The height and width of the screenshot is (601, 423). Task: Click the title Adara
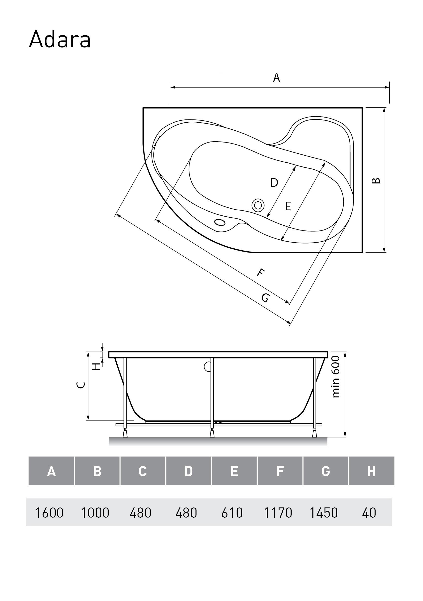60,40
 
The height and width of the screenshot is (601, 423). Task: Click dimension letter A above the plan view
276,78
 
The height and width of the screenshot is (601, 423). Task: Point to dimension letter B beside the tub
376,180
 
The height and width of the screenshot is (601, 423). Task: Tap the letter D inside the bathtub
274,183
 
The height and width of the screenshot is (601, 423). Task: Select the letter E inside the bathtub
288,206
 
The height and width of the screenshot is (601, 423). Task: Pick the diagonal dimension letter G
265,298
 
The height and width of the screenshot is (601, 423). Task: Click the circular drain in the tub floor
258,205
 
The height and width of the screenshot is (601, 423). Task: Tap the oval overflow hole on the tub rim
219,222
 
